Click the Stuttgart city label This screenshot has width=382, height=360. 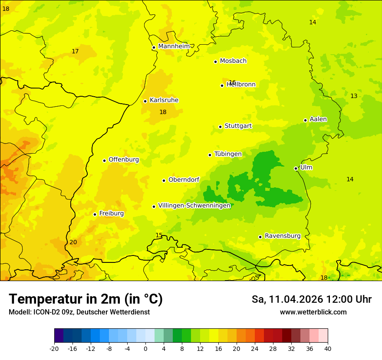point(238,126)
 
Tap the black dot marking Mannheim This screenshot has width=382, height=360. point(154,48)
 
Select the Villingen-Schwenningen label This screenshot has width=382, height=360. point(194,206)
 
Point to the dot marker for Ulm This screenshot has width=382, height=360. point(296,168)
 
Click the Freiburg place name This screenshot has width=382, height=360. point(111,213)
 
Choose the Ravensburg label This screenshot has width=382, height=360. point(283,236)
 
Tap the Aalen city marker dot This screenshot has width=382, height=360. point(305,120)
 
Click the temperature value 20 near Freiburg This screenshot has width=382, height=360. point(73,242)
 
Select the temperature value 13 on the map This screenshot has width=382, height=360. point(354,96)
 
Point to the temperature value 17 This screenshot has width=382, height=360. point(75,51)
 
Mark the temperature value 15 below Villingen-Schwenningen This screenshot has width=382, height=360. point(159,235)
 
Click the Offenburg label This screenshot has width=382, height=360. point(124,160)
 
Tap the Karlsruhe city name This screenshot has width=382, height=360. point(164,100)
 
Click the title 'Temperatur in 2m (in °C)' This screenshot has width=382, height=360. point(86,299)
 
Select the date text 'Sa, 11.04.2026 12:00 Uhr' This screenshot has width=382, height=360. point(311,299)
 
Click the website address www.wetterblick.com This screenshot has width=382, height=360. point(313,312)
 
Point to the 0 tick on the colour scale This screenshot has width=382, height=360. point(145,348)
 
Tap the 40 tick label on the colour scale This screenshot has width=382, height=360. point(328,348)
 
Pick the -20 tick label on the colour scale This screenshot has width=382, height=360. point(54,348)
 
